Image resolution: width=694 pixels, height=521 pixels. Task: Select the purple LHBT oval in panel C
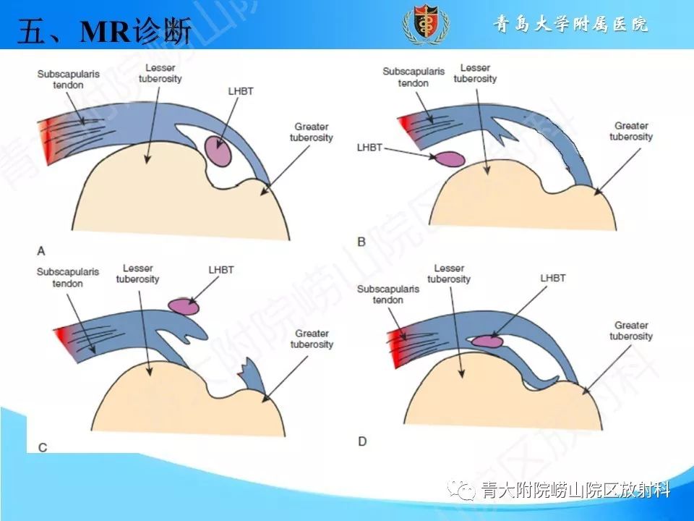[x=184, y=306]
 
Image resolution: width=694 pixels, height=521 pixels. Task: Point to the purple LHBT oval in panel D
[x=488, y=340]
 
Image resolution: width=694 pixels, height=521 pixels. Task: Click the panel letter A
[x=41, y=251]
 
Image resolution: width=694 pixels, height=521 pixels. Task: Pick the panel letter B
[x=361, y=241]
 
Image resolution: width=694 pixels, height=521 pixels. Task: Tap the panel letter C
[x=43, y=447]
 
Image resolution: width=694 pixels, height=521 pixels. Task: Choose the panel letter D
[x=362, y=441]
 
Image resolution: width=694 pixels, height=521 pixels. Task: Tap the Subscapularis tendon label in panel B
[x=414, y=77]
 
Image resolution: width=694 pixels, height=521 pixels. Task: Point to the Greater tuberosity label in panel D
[x=630, y=331]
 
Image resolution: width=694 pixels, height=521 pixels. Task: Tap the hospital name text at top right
[x=570, y=24]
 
